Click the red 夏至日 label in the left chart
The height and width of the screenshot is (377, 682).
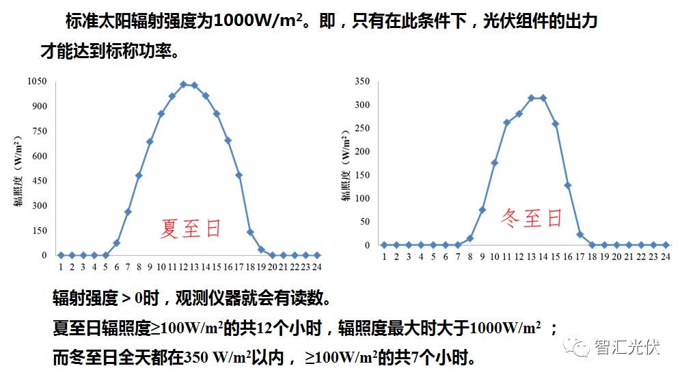(191, 227)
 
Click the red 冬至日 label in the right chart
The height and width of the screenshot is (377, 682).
(532, 218)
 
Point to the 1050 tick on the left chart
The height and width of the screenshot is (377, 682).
(36, 81)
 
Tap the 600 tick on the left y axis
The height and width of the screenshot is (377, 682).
(39, 156)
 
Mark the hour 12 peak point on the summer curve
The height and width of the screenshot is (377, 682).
(183, 84)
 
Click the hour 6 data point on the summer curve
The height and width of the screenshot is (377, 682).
(117, 243)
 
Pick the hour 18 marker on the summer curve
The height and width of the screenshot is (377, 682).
(250, 232)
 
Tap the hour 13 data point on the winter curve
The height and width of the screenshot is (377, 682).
(531, 98)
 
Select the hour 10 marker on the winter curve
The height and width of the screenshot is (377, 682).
(494, 163)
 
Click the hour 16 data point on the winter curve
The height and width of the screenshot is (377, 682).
(568, 185)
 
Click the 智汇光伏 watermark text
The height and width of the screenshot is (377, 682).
(627, 347)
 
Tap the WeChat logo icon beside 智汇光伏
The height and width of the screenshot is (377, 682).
(580, 348)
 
